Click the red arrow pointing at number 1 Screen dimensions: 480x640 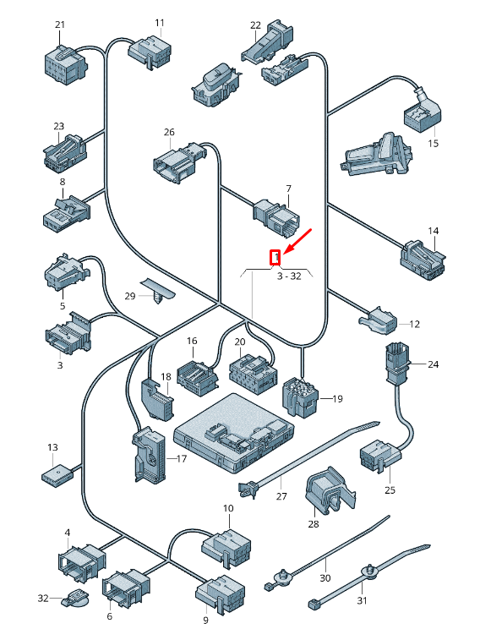point(297,241)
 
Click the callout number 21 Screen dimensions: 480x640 point(60,25)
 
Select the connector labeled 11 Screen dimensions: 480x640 point(150,52)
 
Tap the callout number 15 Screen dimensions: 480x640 point(434,143)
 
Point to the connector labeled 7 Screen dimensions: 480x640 point(277,216)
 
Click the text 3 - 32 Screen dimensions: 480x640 point(289,276)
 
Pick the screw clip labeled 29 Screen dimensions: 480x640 point(157,290)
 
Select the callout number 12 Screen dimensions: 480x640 point(414,324)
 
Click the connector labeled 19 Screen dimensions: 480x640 point(301,397)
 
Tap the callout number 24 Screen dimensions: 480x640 point(434,364)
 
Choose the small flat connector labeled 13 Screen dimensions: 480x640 point(57,474)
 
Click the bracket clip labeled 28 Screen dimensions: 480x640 point(330,490)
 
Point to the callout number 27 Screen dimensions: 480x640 point(281,496)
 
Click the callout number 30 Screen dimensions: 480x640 point(325,578)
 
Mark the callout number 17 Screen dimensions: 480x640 point(182,459)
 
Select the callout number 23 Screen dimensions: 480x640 point(59,127)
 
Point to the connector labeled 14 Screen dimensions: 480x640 point(423,260)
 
